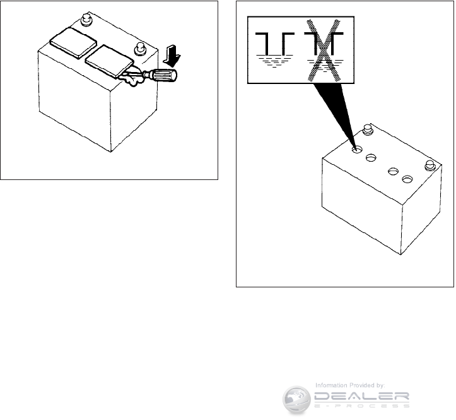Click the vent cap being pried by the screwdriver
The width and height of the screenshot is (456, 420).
click(108, 61)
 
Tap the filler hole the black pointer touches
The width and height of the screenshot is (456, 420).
click(357, 151)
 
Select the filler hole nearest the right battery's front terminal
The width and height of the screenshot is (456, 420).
click(407, 180)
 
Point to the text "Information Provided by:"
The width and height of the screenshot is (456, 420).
click(350, 385)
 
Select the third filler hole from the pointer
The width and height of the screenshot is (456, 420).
click(394, 171)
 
